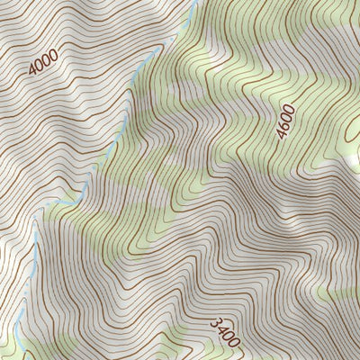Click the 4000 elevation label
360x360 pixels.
(42, 60)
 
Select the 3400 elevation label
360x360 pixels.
(224, 331)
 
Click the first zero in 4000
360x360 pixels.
(40, 63)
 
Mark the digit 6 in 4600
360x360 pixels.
(283, 128)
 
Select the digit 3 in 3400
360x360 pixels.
(214, 321)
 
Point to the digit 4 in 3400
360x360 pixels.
(220, 328)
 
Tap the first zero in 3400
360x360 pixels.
(227, 335)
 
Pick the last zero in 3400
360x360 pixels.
(234, 341)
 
